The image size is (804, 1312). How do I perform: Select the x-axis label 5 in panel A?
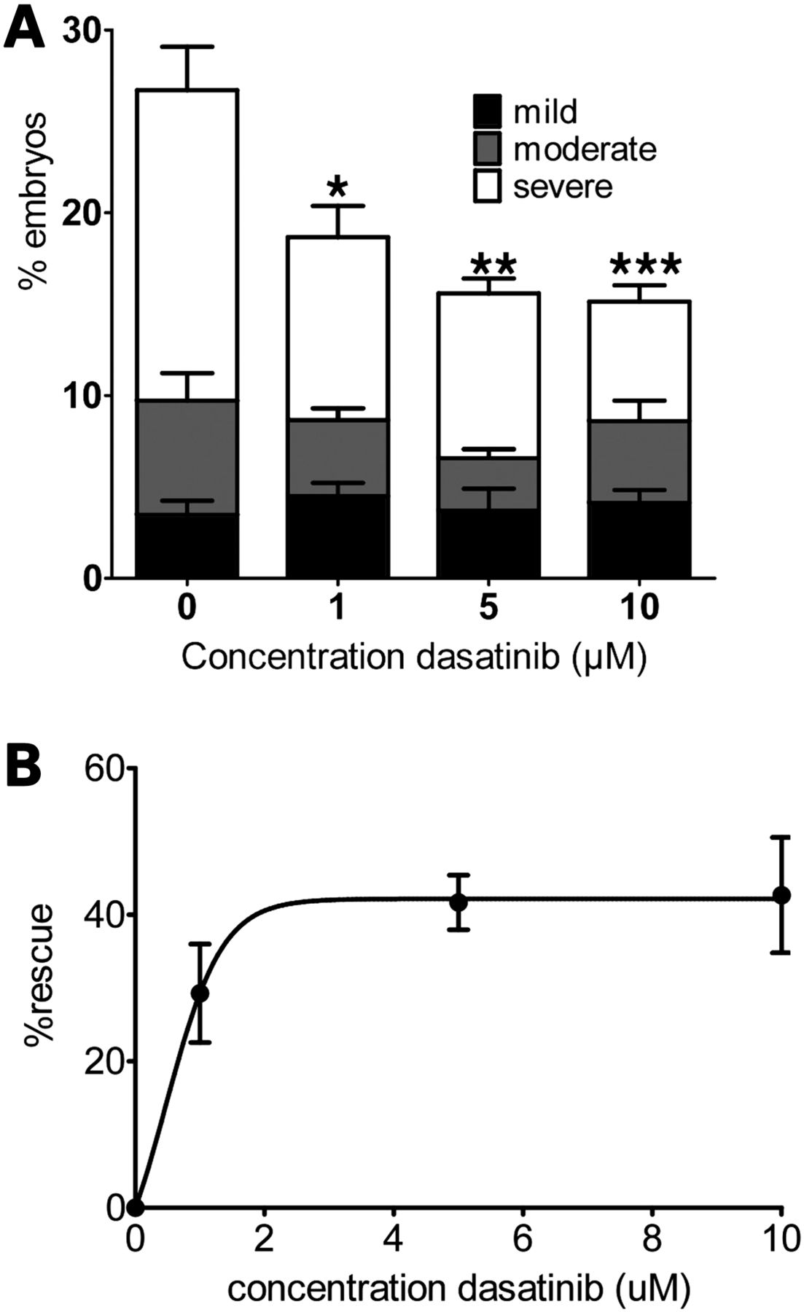click(x=489, y=606)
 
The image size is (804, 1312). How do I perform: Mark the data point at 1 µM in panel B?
click(x=200, y=993)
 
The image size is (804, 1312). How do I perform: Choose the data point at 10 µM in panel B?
click(x=781, y=895)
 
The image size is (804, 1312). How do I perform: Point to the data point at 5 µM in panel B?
click(x=458, y=902)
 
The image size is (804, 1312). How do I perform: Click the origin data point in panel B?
click(x=135, y=1208)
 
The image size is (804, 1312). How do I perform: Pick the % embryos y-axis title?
click(x=33, y=200)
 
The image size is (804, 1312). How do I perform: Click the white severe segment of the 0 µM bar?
click(x=187, y=244)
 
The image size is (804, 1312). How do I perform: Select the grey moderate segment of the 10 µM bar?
click(x=639, y=461)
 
